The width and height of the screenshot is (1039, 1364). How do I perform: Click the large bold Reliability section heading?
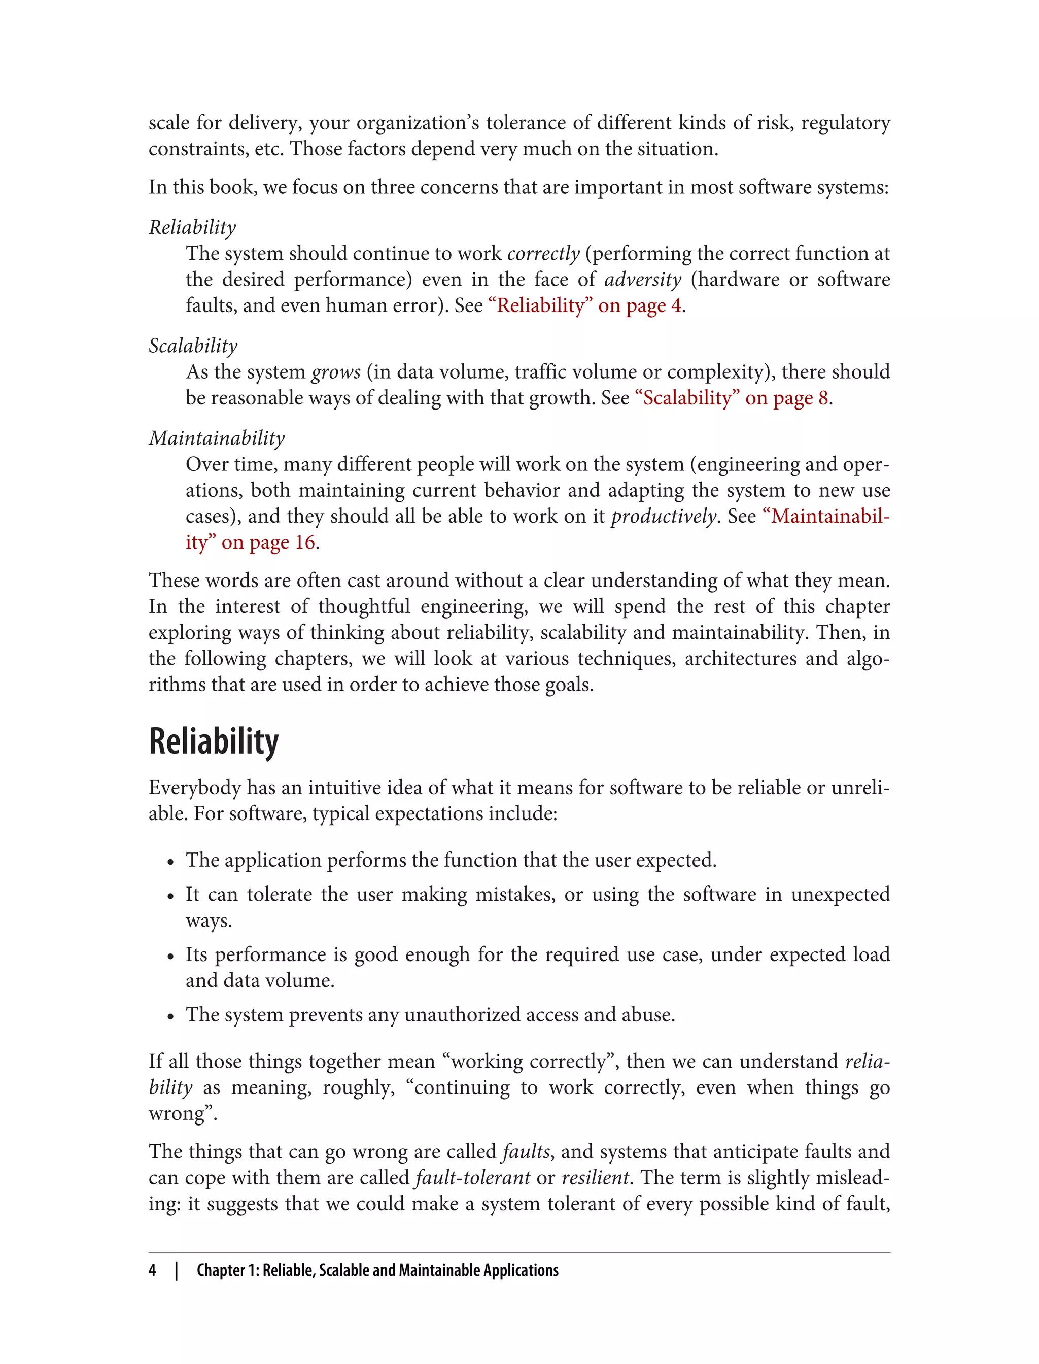214,742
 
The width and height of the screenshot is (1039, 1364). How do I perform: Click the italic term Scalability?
193,346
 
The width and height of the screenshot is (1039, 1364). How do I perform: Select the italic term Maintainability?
217,438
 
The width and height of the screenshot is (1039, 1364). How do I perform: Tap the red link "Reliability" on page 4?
584,305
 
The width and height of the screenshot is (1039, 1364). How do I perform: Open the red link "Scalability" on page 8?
732,398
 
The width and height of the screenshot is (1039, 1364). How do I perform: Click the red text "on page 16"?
268,542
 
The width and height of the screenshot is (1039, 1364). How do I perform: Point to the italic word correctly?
543,254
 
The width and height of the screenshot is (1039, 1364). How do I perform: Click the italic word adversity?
643,280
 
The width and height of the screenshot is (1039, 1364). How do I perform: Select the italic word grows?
336,372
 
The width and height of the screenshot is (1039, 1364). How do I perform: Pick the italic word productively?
663,517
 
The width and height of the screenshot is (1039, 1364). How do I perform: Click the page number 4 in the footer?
152,1270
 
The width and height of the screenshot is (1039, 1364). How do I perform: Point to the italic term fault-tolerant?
472,1177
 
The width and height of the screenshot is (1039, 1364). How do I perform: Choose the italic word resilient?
595,1177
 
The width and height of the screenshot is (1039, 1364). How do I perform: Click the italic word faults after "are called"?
526,1151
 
